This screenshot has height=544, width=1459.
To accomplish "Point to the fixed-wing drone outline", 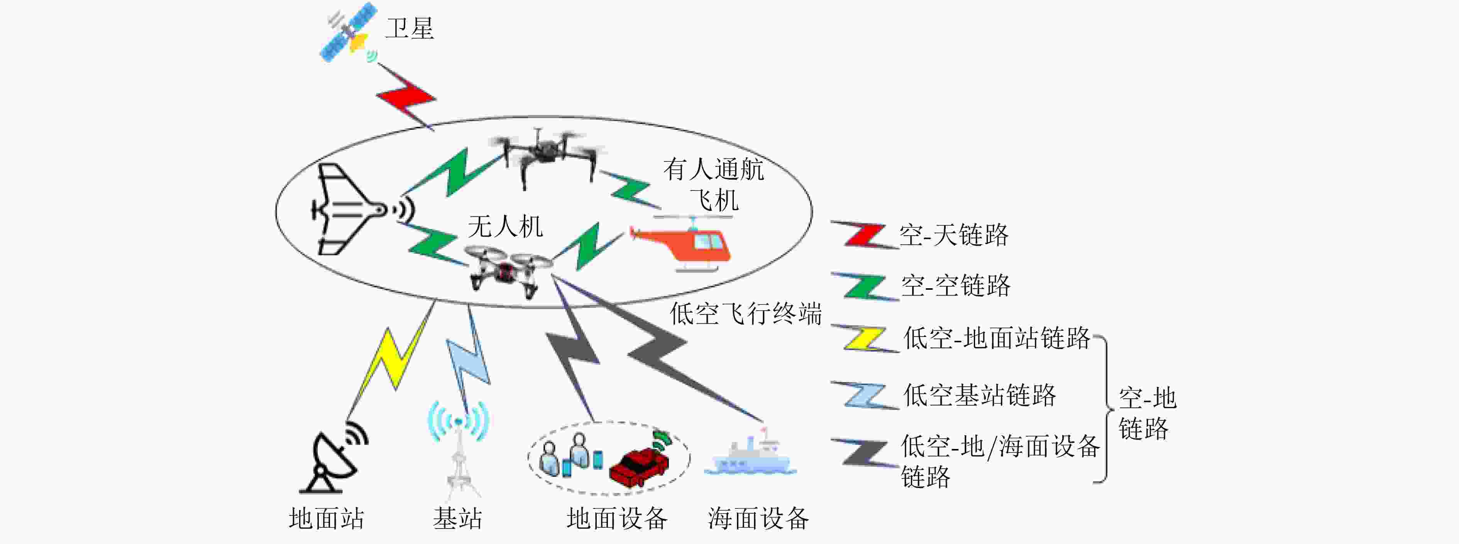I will point(345,210).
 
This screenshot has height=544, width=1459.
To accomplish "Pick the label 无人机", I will point(504,227).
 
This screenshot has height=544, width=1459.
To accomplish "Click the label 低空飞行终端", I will point(745,313).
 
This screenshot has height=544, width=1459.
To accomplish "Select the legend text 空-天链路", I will point(954,235).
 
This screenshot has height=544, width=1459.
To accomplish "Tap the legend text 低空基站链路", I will point(979,394).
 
